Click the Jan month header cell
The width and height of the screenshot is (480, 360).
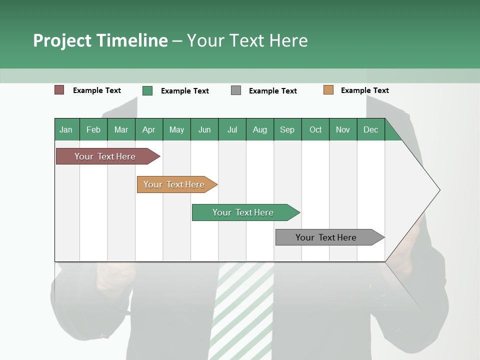point(66,129)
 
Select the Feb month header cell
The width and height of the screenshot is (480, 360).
point(93,129)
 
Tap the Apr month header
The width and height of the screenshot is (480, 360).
point(149,129)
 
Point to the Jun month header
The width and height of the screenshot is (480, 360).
point(204,129)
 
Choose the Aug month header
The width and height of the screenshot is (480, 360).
point(260,129)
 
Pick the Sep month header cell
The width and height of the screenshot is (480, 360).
point(287,129)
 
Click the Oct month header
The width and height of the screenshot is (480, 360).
point(315,129)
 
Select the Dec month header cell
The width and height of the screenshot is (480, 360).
point(371,129)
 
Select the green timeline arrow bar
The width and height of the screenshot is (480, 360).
point(243,212)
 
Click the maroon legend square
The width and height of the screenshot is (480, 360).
point(59,90)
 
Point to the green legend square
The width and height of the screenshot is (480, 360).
point(147,90)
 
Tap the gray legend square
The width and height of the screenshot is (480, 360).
point(236,90)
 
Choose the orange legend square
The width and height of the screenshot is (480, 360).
point(328,90)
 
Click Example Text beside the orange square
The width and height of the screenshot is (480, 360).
point(365,90)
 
